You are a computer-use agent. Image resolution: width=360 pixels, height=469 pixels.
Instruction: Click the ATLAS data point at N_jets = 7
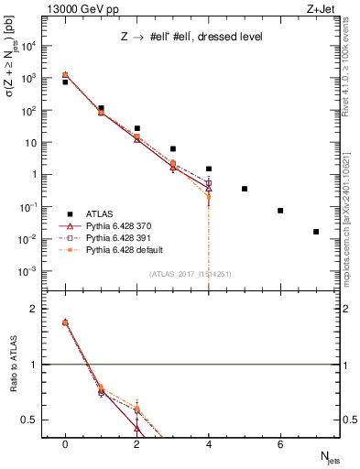[x=316, y=232]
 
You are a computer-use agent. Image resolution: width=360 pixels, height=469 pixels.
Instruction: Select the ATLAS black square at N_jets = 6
[x=280, y=211]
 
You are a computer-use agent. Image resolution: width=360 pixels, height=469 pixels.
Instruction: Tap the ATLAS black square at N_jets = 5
[x=245, y=189]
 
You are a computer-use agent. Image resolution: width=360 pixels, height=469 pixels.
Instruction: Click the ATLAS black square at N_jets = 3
[x=173, y=148]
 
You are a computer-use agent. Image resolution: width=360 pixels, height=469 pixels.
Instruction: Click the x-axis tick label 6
[x=280, y=444]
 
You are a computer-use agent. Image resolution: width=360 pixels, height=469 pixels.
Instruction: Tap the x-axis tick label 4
[x=209, y=444]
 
